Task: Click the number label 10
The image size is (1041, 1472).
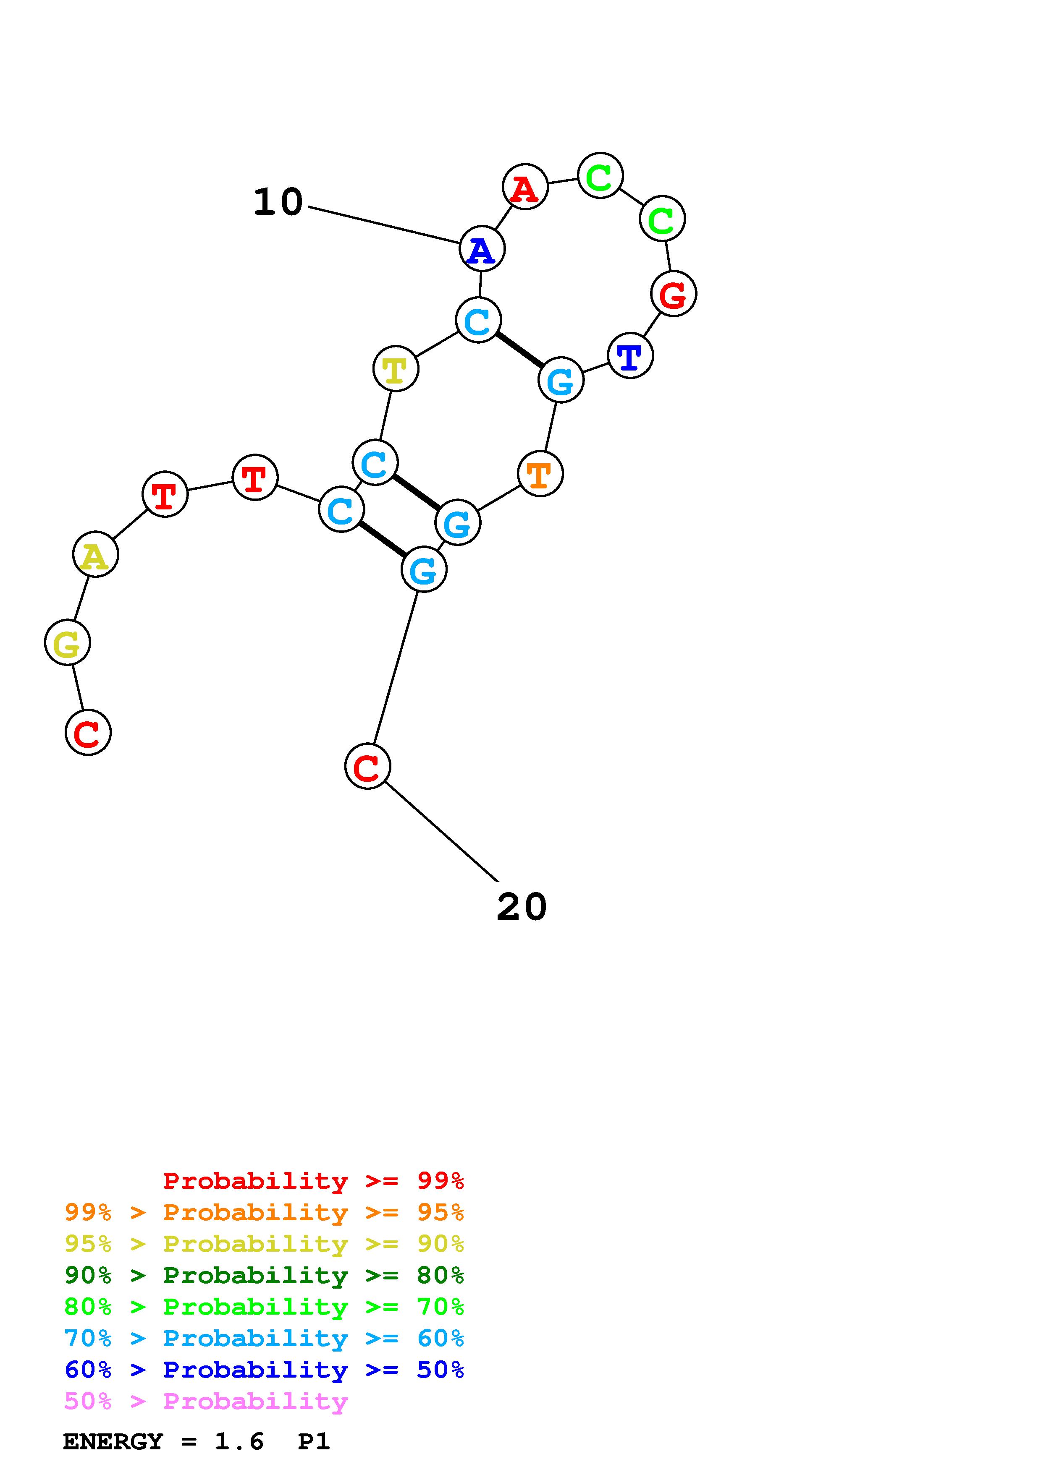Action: click(278, 203)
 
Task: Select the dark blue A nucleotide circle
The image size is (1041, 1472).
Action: click(482, 249)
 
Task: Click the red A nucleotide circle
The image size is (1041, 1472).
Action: click(524, 187)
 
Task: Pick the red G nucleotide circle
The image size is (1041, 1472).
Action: click(673, 294)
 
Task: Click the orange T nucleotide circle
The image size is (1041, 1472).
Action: click(540, 474)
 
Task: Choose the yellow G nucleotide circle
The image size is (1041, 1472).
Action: click(67, 642)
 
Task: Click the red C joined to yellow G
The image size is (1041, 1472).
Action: click(88, 732)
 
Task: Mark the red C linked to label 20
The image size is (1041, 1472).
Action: click(367, 766)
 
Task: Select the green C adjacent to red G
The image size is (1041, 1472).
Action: click(662, 219)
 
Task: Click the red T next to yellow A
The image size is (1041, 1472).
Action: click(165, 494)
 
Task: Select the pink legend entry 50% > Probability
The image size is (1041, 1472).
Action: click(206, 1402)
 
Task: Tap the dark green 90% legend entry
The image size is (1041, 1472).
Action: click(264, 1276)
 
